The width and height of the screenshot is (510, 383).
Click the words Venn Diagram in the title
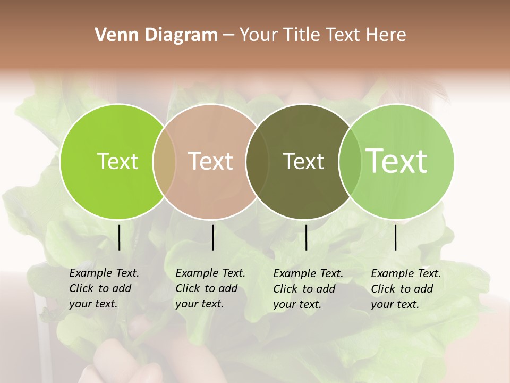[156, 35]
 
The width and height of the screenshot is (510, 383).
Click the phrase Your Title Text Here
[322, 35]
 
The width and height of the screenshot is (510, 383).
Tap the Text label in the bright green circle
[117, 161]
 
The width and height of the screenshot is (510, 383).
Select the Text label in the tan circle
[211, 161]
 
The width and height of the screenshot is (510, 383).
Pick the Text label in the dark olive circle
[303, 161]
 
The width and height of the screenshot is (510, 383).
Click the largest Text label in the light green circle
[397, 161]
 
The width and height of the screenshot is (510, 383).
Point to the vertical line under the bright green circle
[119, 237]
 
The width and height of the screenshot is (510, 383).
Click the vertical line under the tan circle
[212, 237]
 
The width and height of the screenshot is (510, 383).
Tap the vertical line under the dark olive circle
[306, 237]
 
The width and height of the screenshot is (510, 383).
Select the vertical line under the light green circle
[395, 237]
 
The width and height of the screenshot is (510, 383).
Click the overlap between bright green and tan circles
[164, 161]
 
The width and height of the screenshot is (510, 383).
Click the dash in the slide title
[228, 35]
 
